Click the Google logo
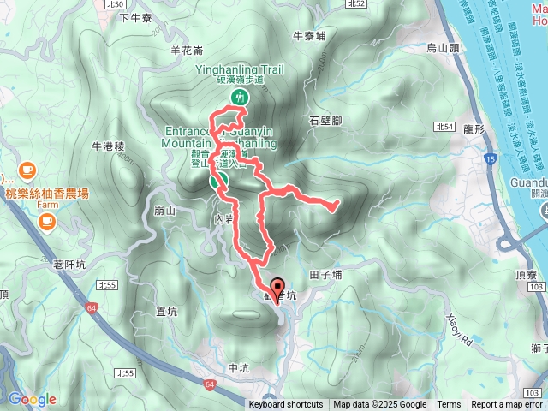click(x=33, y=399)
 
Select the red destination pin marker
click(x=277, y=289)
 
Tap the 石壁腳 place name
click(x=326, y=121)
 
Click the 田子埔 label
click(x=325, y=251)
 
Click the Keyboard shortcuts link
click(x=286, y=405)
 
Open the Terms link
click(x=449, y=405)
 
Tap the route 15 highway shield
click(x=489, y=159)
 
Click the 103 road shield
click(x=532, y=390)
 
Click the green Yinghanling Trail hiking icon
click(x=238, y=97)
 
